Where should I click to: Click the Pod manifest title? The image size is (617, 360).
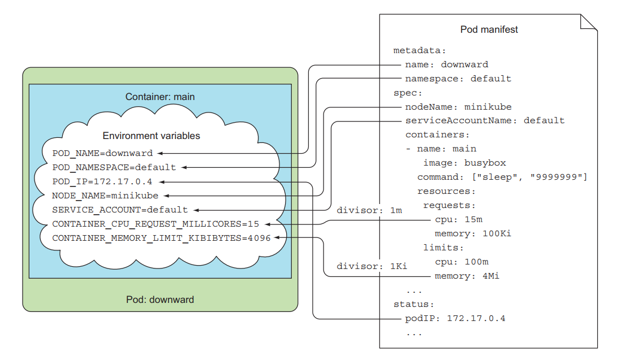point(489,29)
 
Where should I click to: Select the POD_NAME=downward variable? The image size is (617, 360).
point(102,153)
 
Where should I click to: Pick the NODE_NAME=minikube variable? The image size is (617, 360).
point(105,196)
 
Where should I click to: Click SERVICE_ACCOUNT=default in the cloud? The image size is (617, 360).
point(120,210)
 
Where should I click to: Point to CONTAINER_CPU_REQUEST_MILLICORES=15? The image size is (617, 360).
point(156,224)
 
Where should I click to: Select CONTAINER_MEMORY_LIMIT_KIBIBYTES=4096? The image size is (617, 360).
point(161,238)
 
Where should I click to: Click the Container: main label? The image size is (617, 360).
point(160,97)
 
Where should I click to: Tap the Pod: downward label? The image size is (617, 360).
point(160,300)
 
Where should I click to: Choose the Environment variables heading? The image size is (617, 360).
point(151,136)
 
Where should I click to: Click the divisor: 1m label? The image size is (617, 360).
point(369,210)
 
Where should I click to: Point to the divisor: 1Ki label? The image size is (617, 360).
point(372,266)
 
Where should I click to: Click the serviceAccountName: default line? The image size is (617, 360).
point(485,120)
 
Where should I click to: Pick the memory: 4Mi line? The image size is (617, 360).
point(467,276)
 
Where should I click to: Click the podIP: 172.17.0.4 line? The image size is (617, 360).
point(455,319)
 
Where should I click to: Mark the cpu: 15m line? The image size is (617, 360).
point(458,219)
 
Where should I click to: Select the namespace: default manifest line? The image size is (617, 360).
point(458,79)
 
